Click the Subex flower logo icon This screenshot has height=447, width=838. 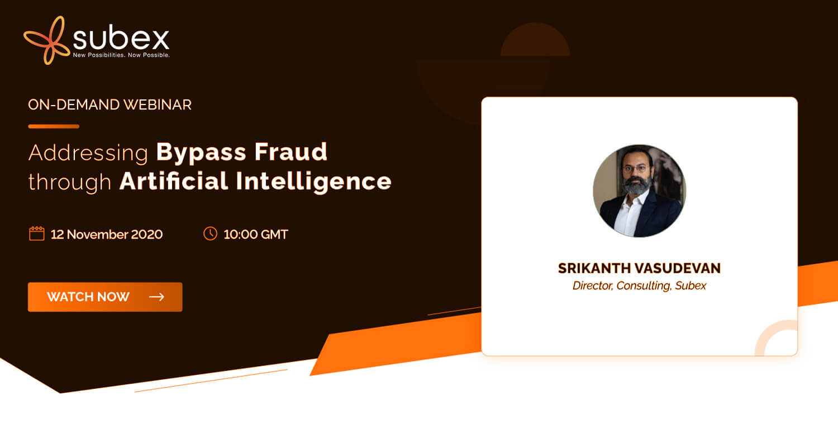tap(47, 40)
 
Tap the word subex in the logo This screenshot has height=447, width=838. tap(121, 38)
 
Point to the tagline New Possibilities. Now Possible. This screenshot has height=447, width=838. tap(121, 55)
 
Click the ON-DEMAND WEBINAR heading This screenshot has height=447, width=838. tap(109, 104)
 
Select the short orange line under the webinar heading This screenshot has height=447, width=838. tap(54, 126)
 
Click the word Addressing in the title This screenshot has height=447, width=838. tap(88, 153)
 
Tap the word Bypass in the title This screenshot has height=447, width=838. tap(201, 153)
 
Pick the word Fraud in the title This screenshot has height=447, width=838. tap(291, 151)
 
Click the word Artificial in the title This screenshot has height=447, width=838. tap(174, 181)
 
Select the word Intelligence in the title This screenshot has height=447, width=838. tap(313, 182)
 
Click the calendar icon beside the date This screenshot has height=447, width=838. tap(37, 234)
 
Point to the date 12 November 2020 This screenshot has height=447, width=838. tap(107, 235)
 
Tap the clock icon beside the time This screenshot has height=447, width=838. tap(210, 234)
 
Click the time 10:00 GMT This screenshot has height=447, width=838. tap(256, 235)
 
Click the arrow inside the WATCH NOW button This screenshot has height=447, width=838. tap(157, 297)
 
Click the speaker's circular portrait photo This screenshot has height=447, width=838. tap(639, 191)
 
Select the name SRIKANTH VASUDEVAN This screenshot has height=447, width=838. tap(639, 268)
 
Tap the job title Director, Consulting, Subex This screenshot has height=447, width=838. tap(639, 286)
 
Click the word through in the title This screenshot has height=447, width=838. tap(70, 182)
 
